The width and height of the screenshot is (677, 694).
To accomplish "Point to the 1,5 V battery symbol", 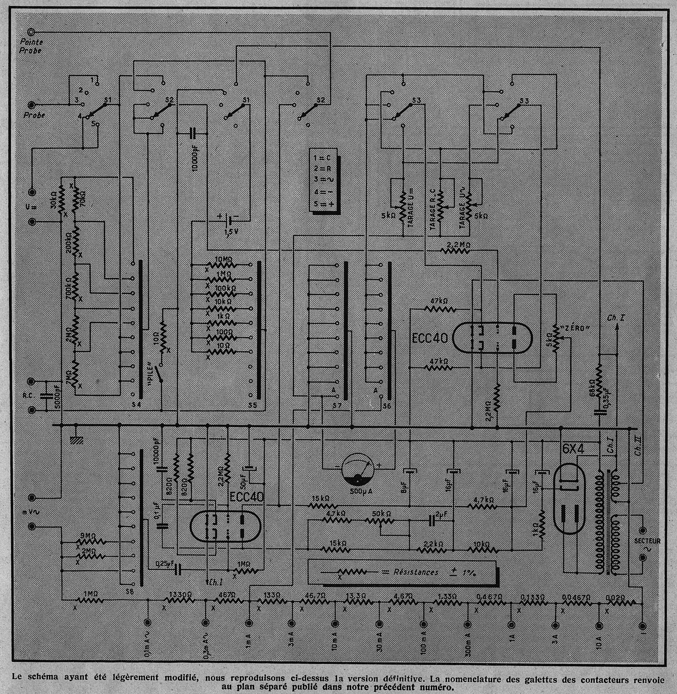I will click(228, 219).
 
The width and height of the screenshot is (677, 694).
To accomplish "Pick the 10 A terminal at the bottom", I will click(600, 625).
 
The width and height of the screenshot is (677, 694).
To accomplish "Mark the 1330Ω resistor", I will click(179, 602).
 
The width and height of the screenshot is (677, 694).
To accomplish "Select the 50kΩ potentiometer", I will click(380, 522).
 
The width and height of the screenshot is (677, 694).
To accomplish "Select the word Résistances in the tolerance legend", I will click(416, 572).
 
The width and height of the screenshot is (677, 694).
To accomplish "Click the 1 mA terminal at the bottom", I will click(249, 625).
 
